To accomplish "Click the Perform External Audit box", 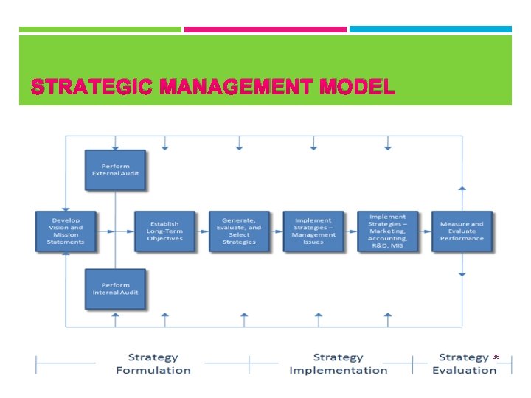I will coord(115,170).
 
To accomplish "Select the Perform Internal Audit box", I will coord(115,288).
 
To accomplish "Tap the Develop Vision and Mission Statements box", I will coord(66,231).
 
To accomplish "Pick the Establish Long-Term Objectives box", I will coord(164,231).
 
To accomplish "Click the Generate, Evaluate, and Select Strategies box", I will coord(239,231).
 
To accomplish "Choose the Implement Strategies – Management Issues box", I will coord(313,231).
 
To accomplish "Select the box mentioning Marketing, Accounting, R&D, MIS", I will coord(387,231).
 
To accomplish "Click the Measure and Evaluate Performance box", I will coord(462,231).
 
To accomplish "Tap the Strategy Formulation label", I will coord(153,364).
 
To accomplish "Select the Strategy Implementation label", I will coord(338,364).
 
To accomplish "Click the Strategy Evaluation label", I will coord(464,364).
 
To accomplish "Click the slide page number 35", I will coord(496,357).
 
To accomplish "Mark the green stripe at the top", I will coord(100,29).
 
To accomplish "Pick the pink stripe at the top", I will coord(265,29).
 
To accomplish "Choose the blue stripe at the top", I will coord(430,29).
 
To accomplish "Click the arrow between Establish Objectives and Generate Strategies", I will coord(203,231).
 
